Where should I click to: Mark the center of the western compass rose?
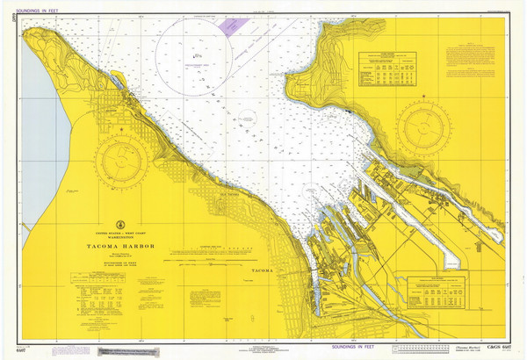123,162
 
